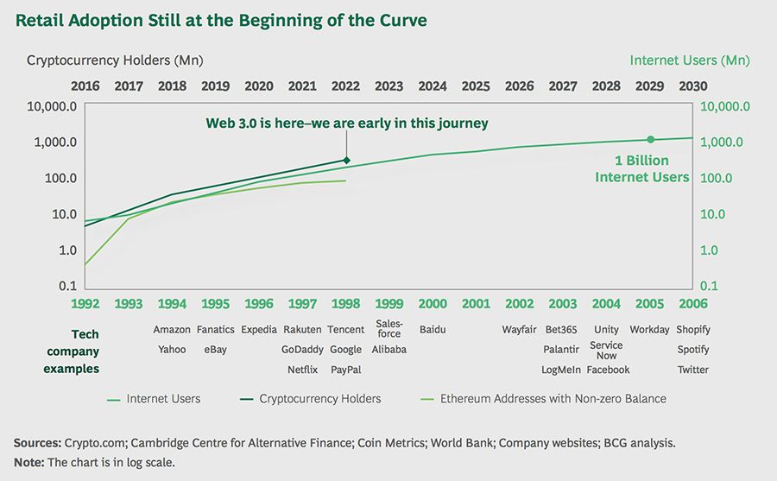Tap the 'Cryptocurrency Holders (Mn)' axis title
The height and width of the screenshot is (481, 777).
coord(115,60)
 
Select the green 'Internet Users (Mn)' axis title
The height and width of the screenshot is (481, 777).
coord(690,60)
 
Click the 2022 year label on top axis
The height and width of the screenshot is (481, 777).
coord(345,86)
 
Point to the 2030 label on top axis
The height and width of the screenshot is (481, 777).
coord(693,86)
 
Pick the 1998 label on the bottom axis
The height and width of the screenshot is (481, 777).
coord(345,304)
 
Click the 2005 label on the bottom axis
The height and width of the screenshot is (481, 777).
coord(649,304)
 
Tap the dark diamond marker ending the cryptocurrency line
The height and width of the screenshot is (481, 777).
coord(346,160)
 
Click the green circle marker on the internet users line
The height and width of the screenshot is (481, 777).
coord(650,139)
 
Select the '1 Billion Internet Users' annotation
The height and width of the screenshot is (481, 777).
coord(641,169)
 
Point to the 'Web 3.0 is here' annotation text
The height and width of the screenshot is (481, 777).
coord(346,123)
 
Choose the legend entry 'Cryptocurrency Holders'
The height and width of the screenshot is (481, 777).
coord(319,399)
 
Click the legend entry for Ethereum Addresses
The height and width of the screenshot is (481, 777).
coord(553,399)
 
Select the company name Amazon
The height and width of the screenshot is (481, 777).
coord(172,330)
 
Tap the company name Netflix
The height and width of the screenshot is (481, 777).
coord(302,370)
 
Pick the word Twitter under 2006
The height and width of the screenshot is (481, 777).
coord(692,370)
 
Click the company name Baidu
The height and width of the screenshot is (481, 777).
coord(433,330)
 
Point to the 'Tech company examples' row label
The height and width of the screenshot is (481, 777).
coord(85,351)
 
